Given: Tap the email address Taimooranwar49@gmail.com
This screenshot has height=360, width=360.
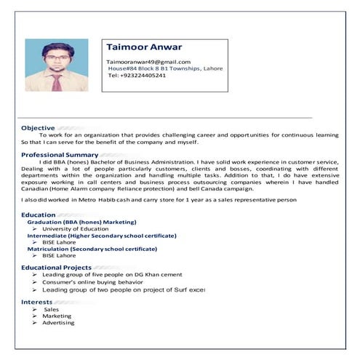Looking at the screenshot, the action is [x=148, y=62].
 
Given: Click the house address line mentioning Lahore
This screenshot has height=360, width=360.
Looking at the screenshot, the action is [x=165, y=68].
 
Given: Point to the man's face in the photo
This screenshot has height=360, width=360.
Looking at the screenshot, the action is [x=56, y=57].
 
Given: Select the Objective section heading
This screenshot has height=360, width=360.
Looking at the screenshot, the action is [x=38, y=128].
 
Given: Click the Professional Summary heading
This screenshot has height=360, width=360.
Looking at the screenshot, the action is [x=65, y=155].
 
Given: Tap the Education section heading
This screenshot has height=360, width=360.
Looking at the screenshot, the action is [x=39, y=215].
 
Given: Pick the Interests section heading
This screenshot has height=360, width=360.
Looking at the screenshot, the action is [x=36, y=301].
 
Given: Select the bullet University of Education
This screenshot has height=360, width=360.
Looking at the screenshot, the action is [x=76, y=229].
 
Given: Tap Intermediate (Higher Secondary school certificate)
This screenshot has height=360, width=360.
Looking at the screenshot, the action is [x=102, y=236].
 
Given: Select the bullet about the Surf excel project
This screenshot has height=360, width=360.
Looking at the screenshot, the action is [x=124, y=289].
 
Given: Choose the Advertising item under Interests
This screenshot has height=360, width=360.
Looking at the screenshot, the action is [x=58, y=322].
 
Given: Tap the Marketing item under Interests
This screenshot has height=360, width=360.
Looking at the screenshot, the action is [x=57, y=316].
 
